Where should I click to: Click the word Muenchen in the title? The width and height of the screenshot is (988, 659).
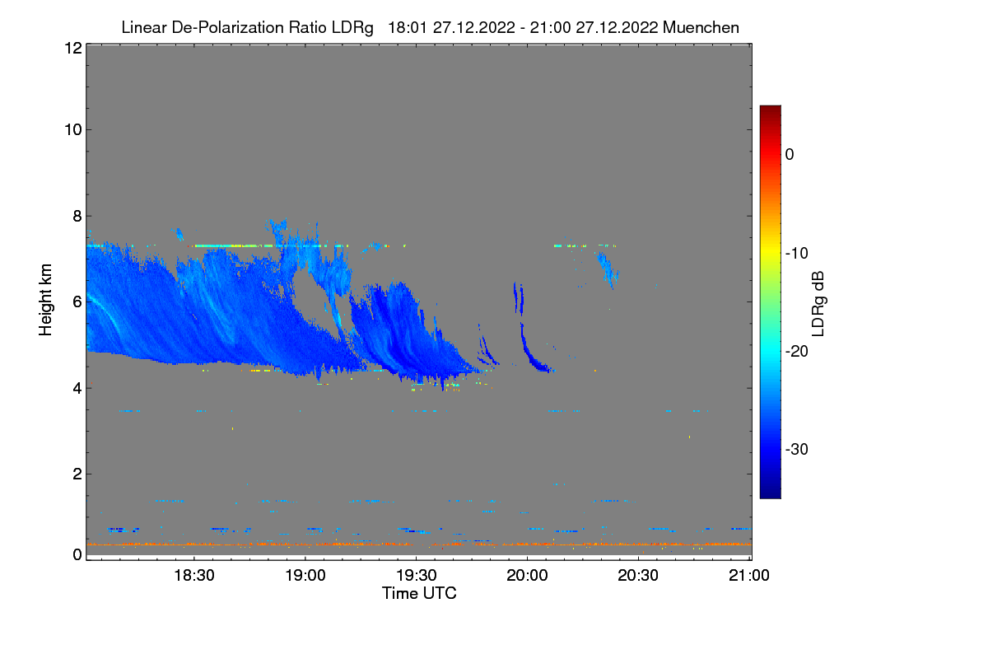701,27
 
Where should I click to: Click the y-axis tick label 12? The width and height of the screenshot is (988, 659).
72,48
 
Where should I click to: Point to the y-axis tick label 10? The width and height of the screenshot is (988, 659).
72,129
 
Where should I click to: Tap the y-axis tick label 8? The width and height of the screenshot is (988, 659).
76,216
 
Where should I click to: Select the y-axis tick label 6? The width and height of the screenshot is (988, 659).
76,301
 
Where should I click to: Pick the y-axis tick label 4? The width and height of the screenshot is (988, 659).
76,388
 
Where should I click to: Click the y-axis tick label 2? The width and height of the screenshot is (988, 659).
76,474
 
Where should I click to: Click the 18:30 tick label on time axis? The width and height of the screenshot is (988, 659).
194,576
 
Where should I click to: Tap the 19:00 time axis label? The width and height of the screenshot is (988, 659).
305,576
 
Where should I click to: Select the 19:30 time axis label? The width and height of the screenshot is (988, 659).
417,576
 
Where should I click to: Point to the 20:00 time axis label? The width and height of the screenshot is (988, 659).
528,576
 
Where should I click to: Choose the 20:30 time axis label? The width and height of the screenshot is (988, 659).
639,576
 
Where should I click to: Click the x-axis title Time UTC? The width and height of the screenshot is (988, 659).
419,593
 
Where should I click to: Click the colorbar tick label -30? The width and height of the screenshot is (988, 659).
799,450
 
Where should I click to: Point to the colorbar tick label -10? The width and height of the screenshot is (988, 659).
799,253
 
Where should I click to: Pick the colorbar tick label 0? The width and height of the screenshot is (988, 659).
790,154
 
